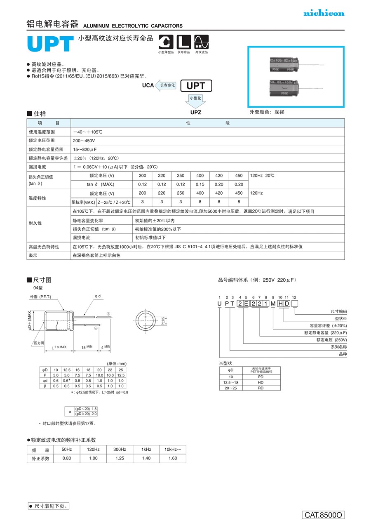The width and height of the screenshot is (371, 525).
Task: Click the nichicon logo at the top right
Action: tap(324, 14)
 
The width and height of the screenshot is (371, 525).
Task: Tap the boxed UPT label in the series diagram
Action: tap(196, 86)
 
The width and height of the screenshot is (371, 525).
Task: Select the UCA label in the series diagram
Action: tap(148, 85)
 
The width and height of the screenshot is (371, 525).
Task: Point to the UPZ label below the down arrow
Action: tap(196, 112)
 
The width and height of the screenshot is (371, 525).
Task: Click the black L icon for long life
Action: tap(184, 42)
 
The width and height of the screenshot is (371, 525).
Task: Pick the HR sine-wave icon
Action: tap(202, 42)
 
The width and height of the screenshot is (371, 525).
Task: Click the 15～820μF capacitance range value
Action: tap(85, 149)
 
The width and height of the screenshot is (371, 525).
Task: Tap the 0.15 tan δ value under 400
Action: tap(200, 184)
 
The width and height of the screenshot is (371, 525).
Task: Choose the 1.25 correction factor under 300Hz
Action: tap(120, 458)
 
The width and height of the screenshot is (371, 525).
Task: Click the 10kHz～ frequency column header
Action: tap(172, 450)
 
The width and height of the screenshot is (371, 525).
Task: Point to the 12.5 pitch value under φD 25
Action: tap(121, 375)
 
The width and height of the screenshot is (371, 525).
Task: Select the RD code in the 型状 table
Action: tap(261, 388)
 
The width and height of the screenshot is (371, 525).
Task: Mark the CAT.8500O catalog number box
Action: tap(324, 515)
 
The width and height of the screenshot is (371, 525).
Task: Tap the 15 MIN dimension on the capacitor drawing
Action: tap(86, 347)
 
